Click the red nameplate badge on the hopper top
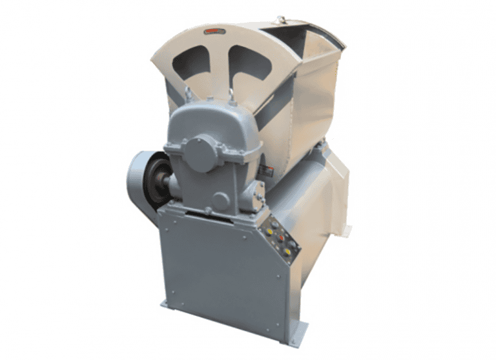[x=214, y=30]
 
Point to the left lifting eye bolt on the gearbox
[x=188, y=94]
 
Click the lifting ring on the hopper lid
[x=280, y=21]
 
